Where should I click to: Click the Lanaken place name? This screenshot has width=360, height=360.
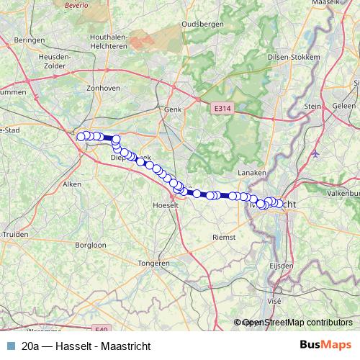[253, 173]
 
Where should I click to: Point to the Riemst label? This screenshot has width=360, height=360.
[225, 236]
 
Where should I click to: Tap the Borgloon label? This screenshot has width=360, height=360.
[91, 245]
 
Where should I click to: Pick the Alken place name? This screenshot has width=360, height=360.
[73, 184]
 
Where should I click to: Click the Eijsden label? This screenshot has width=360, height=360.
[281, 266]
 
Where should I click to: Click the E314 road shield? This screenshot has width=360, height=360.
[222, 108]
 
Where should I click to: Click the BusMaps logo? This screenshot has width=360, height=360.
[326, 346]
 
